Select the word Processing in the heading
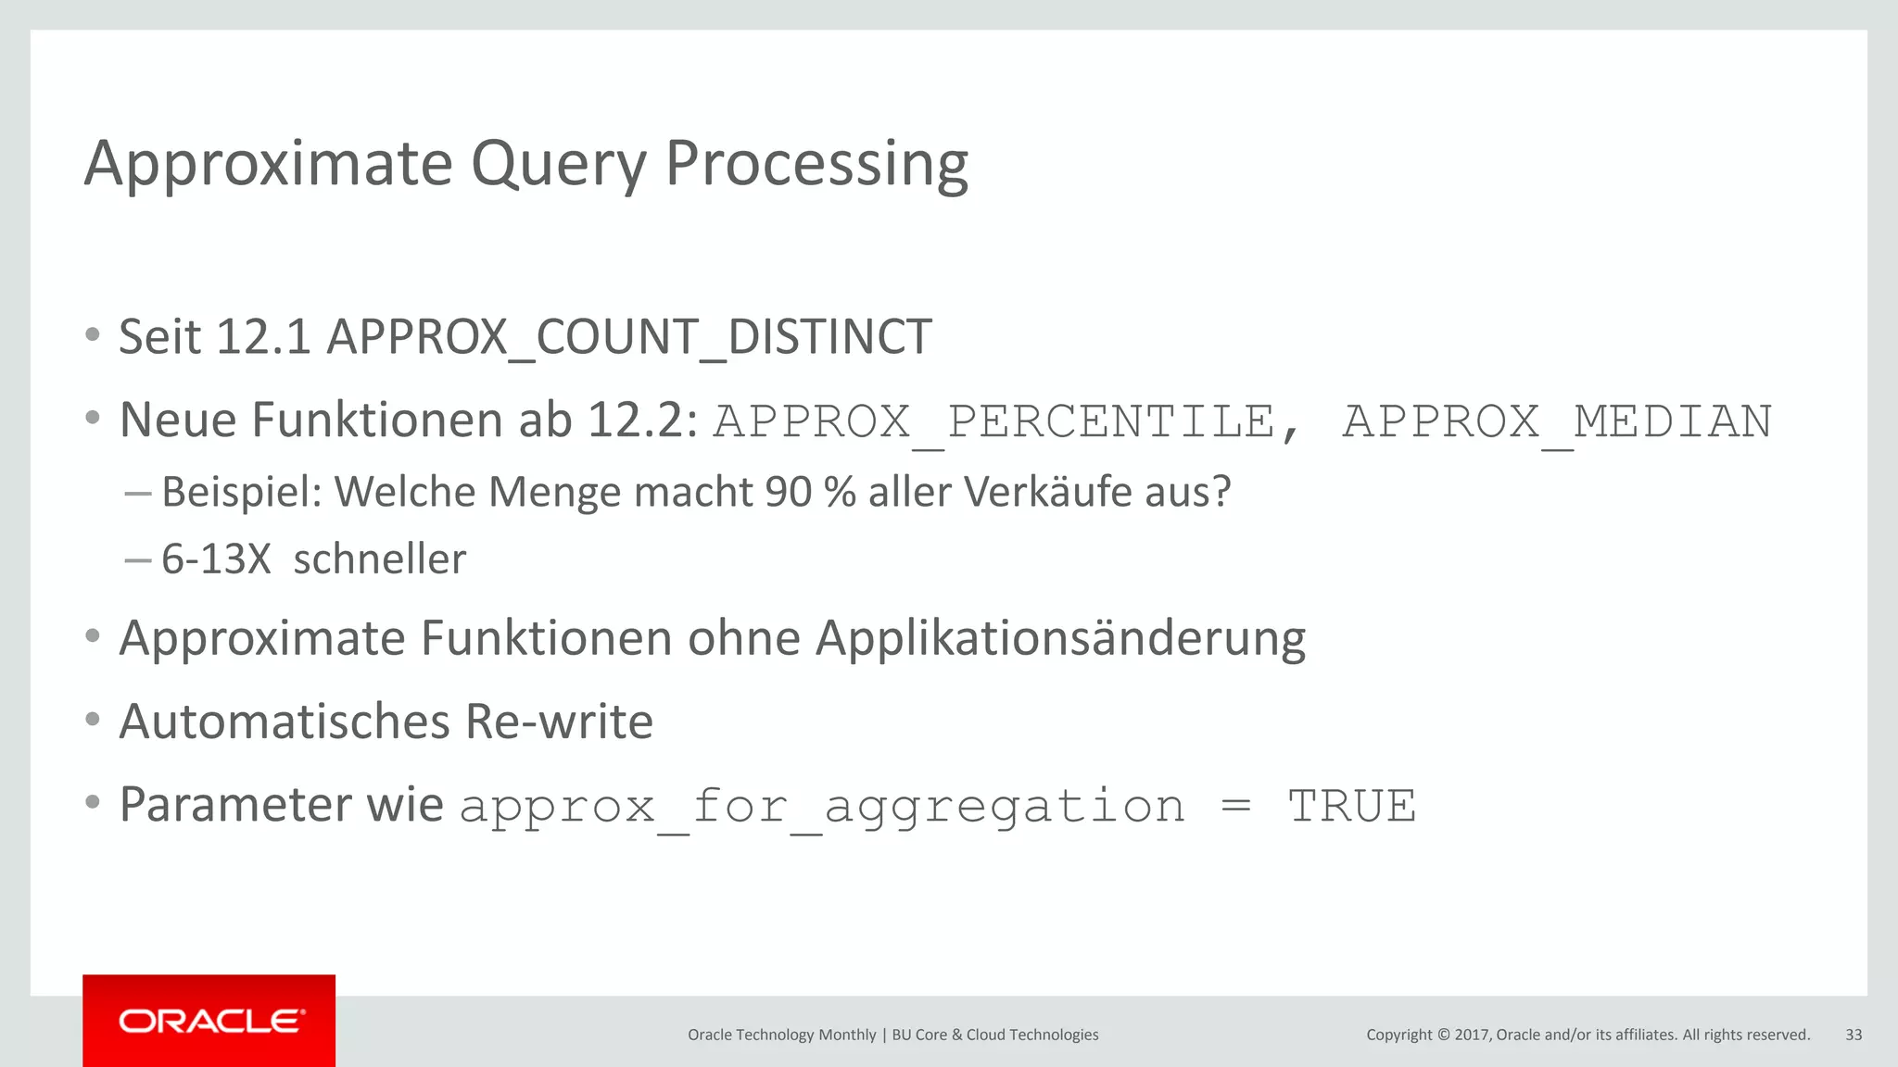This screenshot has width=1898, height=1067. coord(816,165)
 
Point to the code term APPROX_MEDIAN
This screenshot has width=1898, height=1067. coord(1557,422)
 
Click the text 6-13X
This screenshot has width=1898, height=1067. coord(216,559)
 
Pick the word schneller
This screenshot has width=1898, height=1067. coord(379,559)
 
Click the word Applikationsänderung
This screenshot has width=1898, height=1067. coord(1060,639)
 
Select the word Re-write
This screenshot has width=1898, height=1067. coord(559,722)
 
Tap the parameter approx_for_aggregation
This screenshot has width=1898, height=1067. coord(822,806)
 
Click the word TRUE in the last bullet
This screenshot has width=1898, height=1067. coord(1352,806)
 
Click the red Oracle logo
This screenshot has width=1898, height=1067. coord(209,1022)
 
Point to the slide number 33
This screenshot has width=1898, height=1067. coord(1854,1035)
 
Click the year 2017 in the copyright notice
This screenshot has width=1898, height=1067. coord(1472,1035)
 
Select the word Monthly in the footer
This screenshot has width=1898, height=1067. coord(847,1035)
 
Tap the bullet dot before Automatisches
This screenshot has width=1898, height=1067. coord(92,720)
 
